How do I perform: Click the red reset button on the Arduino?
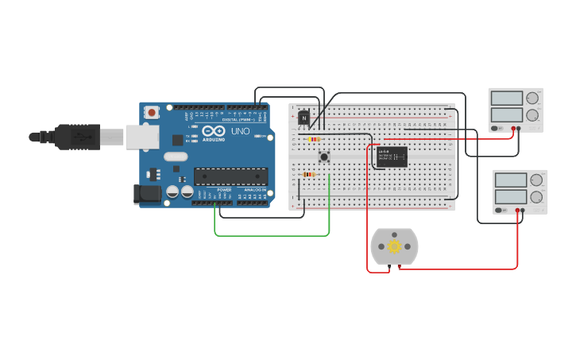tap(151, 113)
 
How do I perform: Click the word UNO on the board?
tap(240, 131)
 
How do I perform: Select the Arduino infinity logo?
tap(213, 130)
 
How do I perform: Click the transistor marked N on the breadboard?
tap(303, 117)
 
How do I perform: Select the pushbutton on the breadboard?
tap(324, 157)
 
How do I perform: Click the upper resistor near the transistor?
tap(314, 139)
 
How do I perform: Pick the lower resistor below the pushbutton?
tap(309, 174)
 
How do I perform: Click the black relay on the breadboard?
tap(392, 157)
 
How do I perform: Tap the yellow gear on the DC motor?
tap(394, 246)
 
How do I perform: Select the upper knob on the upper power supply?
tap(532, 99)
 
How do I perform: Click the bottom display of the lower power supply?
tap(512, 196)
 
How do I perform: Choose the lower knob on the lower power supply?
tap(537, 197)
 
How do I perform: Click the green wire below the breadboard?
tap(270, 235)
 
